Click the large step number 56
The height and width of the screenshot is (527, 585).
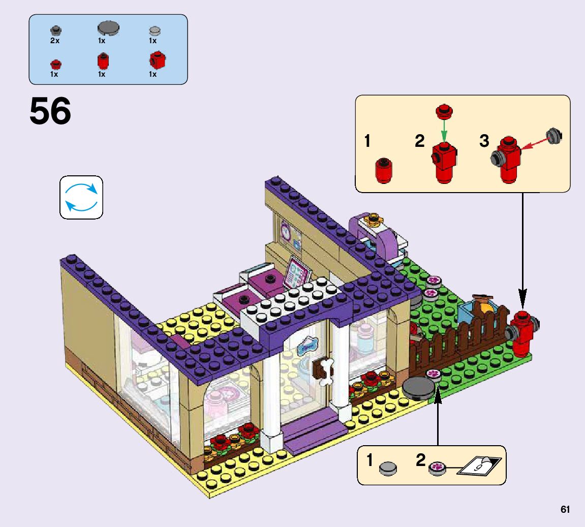pyautogui.click(x=50, y=112)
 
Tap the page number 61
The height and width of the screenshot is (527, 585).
pyautogui.click(x=565, y=510)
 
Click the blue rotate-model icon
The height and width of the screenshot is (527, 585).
pyautogui.click(x=81, y=197)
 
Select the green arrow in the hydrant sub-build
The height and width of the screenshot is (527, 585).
pyautogui.click(x=444, y=132)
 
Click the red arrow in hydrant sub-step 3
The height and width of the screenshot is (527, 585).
pyautogui.click(x=533, y=143)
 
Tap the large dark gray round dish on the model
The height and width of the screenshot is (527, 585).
pyautogui.click(x=419, y=389)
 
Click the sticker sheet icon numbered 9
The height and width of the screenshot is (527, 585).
pyautogui.click(x=479, y=465)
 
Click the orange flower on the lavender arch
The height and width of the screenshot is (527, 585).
pyautogui.click(x=375, y=219)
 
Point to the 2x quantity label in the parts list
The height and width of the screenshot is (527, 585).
pyautogui.click(x=55, y=41)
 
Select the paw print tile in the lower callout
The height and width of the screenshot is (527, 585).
pyautogui.click(x=437, y=467)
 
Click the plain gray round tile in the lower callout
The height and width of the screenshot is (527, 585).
pyautogui.click(x=389, y=468)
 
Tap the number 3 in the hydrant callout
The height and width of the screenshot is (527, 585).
pyautogui.click(x=484, y=141)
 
